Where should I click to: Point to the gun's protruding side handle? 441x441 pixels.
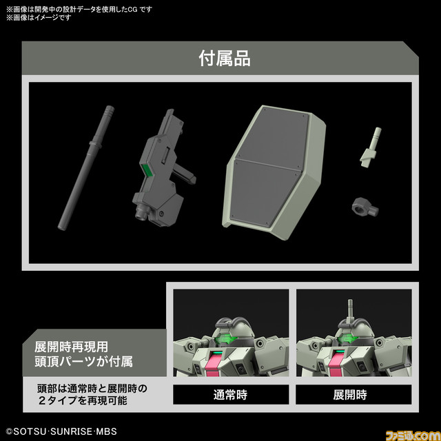click(x=185, y=169)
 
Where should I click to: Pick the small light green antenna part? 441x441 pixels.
click(x=372, y=147)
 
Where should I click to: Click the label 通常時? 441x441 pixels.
click(x=230, y=395)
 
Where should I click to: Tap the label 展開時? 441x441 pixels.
click(x=350, y=395)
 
